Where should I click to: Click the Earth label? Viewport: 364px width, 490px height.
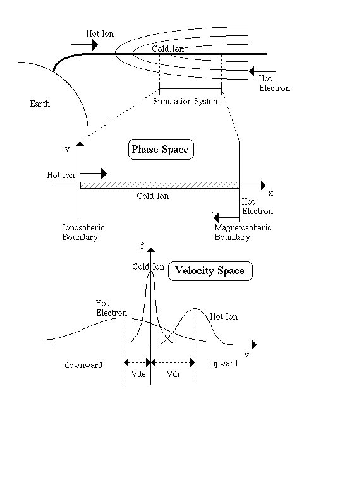coord(40,104)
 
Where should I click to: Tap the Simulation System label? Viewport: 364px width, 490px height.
coord(186,101)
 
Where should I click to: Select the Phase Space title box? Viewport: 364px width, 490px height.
coord(161,150)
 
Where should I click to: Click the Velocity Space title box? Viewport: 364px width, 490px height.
coord(210,271)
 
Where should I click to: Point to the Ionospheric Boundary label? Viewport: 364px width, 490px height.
coord(83,232)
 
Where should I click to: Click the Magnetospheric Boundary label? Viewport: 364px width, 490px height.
coord(243,232)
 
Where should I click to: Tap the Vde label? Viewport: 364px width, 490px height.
coord(138,374)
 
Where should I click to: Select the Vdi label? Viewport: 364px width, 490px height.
coord(173,374)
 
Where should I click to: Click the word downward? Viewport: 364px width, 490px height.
coord(83,365)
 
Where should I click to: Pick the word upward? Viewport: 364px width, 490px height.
coord(224,364)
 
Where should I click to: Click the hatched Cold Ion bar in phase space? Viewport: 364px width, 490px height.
coord(159,185)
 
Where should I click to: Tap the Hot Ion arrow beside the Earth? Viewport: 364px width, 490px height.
coord(85,45)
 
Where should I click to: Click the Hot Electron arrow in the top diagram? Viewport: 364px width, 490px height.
coord(262,71)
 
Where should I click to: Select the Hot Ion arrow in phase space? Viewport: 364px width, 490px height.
coord(93,174)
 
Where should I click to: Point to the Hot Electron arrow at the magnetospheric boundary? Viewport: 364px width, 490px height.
coord(226,217)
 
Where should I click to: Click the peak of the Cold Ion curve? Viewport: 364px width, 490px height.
coord(151,271)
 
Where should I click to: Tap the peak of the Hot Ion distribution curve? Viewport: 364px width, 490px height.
coord(195,309)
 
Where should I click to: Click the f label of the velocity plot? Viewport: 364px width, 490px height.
coord(142,246)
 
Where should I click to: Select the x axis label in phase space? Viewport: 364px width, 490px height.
coord(271,193)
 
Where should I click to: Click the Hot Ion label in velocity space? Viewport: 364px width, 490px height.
coord(224,316)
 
